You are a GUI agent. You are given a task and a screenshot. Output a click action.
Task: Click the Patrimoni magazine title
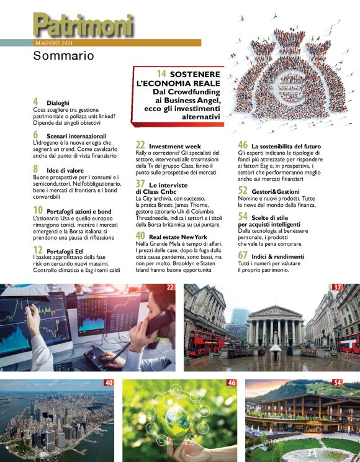[x=83, y=25]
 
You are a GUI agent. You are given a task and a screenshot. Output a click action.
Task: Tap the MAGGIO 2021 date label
[x=54, y=43]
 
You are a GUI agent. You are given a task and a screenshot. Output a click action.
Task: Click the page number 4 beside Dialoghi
[x=35, y=101]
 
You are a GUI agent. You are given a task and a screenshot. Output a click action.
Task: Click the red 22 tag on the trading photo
[x=170, y=288]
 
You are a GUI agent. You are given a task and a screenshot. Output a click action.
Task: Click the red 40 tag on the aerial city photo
[x=109, y=383]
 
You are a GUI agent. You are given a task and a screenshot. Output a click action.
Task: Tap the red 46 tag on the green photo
[x=232, y=383]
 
